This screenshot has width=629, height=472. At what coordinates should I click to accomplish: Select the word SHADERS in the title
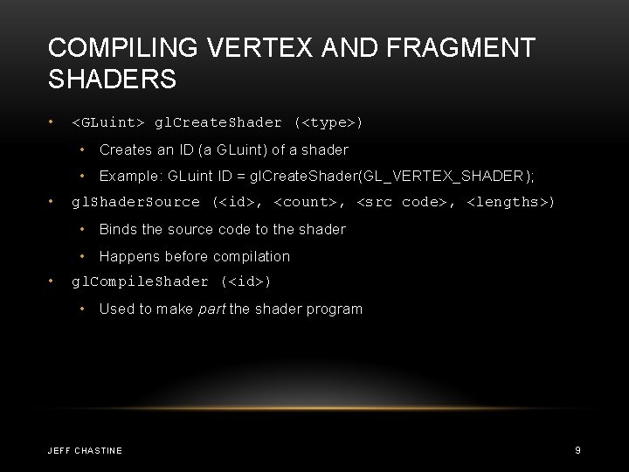(113, 80)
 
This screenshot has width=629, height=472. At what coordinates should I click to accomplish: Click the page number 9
(577, 450)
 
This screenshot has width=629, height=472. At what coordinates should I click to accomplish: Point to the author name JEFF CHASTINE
(85, 450)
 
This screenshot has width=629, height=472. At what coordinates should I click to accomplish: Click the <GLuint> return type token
(108, 122)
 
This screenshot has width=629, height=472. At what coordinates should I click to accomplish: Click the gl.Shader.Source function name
(135, 202)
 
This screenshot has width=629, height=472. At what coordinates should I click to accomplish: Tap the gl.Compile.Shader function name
(140, 281)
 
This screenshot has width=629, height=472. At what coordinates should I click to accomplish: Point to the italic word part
(211, 309)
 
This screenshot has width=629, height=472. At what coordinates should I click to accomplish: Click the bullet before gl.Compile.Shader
(53, 281)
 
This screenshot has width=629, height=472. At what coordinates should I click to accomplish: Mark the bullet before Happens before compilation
(83, 256)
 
